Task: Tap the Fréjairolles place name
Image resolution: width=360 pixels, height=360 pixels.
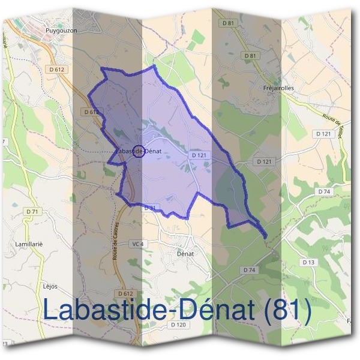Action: tap(278, 88)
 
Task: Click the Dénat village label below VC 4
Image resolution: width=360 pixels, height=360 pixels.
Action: tap(185, 253)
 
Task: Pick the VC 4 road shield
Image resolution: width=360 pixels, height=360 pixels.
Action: tap(137, 244)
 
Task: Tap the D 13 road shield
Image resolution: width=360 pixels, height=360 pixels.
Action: tap(309, 262)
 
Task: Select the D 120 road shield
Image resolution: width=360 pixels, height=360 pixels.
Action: tap(178, 325)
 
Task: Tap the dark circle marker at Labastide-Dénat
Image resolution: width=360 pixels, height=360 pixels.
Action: tap(138, 151)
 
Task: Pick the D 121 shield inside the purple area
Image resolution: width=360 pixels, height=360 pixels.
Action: tap(199, 155)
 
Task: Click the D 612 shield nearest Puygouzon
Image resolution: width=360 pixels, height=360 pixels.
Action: tap(58, 70)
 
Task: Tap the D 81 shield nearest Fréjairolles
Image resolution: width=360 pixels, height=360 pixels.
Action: tap(251, 56)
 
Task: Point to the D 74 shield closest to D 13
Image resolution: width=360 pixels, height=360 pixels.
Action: tap(324, 191)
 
